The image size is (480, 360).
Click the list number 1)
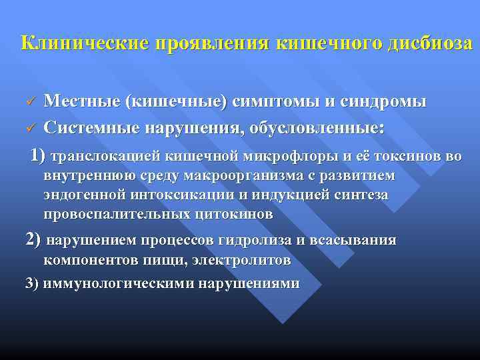[x=35, y=156]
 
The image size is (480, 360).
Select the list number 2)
[x=33, y=240]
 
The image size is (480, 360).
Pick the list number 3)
[x=33, y=283]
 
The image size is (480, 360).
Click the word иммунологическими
[x=121, y=283]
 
